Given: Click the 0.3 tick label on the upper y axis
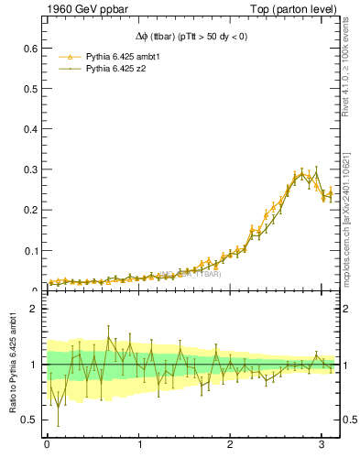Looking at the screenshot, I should pos(30,169).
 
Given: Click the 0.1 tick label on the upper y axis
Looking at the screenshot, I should pos(30,250).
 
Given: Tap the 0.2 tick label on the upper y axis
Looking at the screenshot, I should pos(30,210).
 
